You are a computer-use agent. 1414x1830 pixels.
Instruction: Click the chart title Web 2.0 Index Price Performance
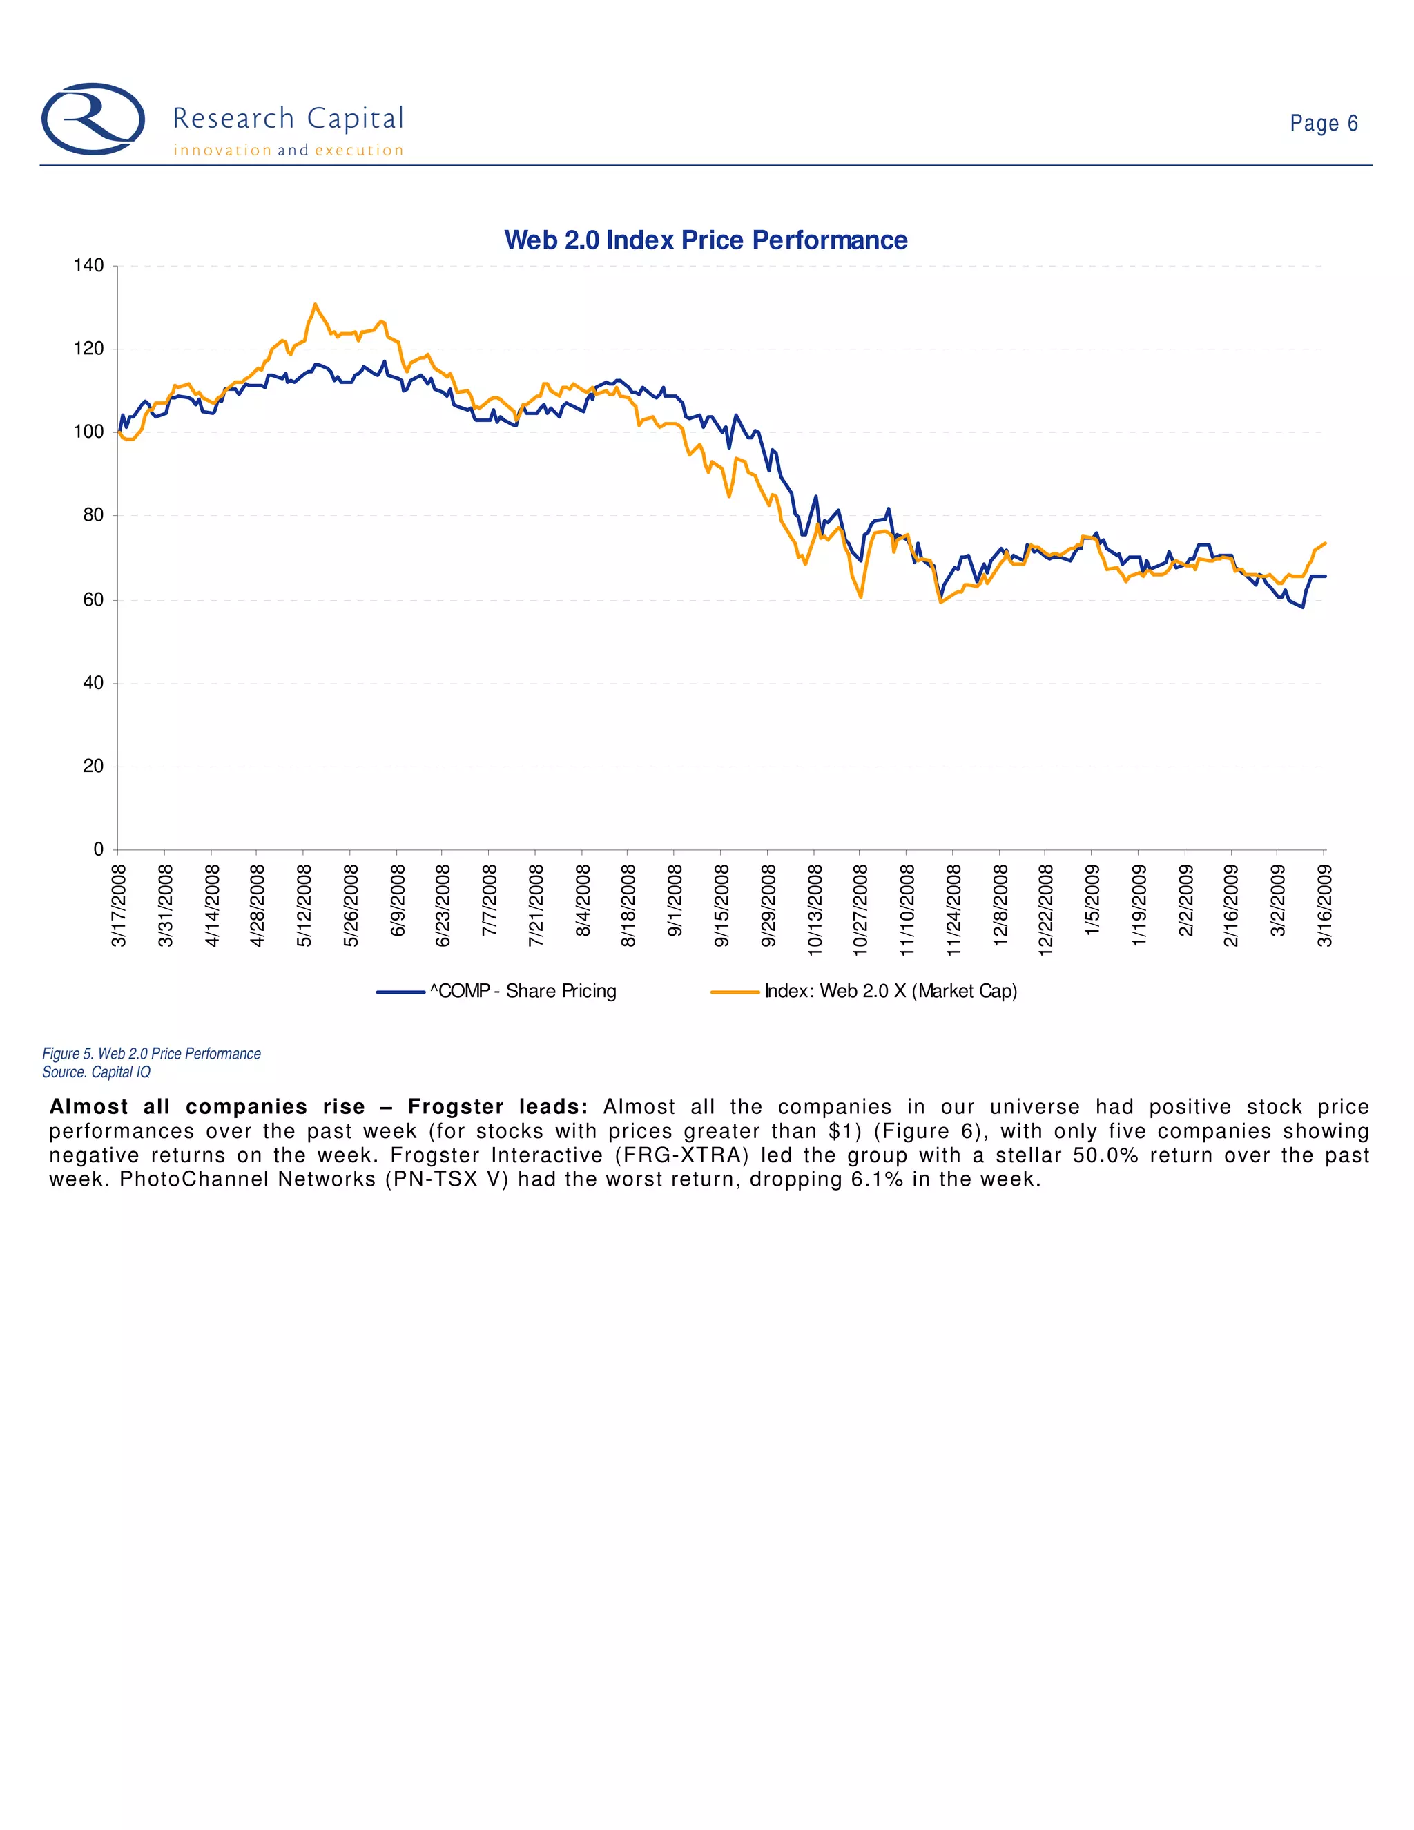pos(706,240)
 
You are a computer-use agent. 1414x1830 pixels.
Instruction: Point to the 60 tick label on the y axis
pos(94,600)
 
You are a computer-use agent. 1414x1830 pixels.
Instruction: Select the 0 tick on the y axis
pos(99,849)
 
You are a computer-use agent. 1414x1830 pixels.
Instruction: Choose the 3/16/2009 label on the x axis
pos(1324,906)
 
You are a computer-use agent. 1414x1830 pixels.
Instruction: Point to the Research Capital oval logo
pos(93,119)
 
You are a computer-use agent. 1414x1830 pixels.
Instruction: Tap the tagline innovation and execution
pos(288,151)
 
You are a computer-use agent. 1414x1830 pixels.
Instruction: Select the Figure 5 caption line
pos(152,1053)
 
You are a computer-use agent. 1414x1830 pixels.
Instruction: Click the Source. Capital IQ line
pos(97,1072)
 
